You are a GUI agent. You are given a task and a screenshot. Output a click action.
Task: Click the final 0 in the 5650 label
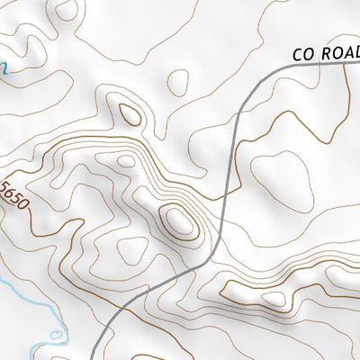(24, 202)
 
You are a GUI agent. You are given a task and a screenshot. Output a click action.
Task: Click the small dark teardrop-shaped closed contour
(130, 113)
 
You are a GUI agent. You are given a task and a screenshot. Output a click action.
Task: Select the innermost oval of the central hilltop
(179, 220)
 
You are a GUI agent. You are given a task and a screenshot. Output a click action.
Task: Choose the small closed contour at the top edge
(65, 10)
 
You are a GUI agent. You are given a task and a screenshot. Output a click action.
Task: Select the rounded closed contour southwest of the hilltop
(130, 250)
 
